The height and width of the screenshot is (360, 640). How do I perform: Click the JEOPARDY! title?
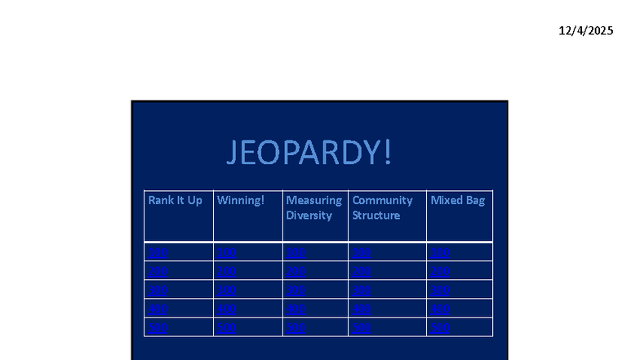(309, 153)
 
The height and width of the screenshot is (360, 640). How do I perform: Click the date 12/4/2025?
(585, 30)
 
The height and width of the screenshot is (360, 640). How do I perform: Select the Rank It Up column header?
(175, 200)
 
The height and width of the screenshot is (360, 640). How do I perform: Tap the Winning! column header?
(241, 200)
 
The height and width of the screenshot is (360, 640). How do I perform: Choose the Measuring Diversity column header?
(313, 207)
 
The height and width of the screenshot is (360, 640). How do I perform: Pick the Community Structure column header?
(382, 207)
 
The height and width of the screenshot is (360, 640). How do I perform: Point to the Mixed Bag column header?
(457, 200)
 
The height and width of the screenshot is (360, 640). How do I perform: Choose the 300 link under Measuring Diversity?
(295, 290)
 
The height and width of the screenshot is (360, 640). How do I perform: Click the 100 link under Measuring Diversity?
(295, 252)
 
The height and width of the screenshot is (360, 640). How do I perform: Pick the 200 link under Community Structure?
(362, 271)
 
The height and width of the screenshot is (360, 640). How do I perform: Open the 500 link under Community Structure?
(362, 327)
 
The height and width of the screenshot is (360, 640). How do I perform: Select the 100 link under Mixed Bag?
(440, 252)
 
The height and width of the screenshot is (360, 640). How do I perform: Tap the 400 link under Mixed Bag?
(440, 309)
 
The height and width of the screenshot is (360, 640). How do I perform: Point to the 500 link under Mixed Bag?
(440, 327)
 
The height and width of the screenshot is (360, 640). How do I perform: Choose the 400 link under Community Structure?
(362, 309)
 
